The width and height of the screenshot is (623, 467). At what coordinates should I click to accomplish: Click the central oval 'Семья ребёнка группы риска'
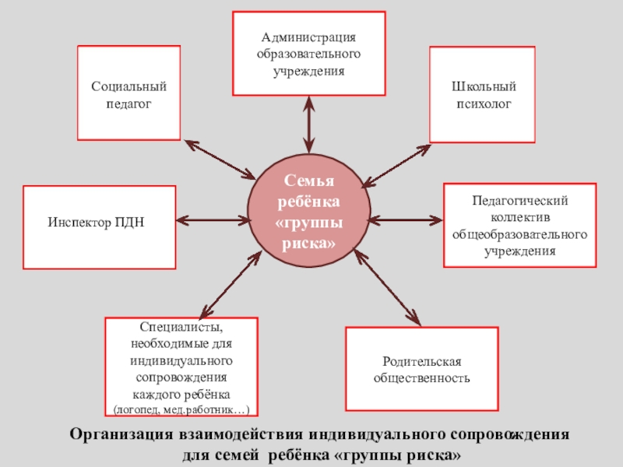(309, 212)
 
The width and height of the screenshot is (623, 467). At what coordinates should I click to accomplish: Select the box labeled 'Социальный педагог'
(128, 93)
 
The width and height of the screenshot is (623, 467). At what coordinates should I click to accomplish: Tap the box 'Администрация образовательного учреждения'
(309, 53)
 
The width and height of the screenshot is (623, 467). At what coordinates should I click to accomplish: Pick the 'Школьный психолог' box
(483, 94)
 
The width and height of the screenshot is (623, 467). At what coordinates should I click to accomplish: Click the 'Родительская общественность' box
(421, 369)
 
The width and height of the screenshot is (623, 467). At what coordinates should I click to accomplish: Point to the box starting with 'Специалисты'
(181, 367)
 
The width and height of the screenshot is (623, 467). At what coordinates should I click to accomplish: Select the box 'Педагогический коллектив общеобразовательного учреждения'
(519, 226)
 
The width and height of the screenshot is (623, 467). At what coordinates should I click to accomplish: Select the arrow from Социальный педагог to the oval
(220, 159)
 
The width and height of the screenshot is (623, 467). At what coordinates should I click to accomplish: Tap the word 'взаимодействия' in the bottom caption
(236, 434)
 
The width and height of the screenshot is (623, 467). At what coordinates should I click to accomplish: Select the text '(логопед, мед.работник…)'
(181, 409)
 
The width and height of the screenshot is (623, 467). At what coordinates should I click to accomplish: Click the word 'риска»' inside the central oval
(309, 244)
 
